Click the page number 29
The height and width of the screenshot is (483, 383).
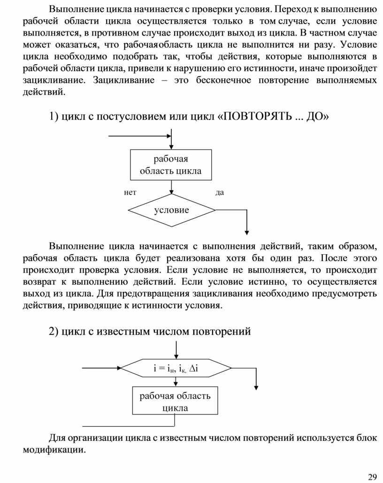click(372, 477)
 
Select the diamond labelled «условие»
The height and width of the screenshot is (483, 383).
click(172, 210)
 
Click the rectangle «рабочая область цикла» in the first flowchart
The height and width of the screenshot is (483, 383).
click(171, 165)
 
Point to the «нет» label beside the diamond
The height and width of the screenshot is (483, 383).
click(130, 192)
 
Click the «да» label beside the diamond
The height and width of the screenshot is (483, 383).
click(220, 192)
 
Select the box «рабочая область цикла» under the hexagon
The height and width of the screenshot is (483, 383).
click(175, 401)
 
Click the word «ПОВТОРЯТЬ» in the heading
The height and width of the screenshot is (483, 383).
click(257, 116)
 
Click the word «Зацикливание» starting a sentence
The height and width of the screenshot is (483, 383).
click(124, 80)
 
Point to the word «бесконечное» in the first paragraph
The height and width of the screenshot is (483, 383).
click(221, 80)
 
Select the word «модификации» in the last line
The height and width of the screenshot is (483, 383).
click(54, 450)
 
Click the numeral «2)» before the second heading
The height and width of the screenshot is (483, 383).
click(54, 332)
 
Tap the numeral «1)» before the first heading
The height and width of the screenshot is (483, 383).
click(54, 116)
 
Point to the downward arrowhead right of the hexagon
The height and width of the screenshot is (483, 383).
click(256, 386)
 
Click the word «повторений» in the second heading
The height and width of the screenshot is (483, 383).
click(225, 332)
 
